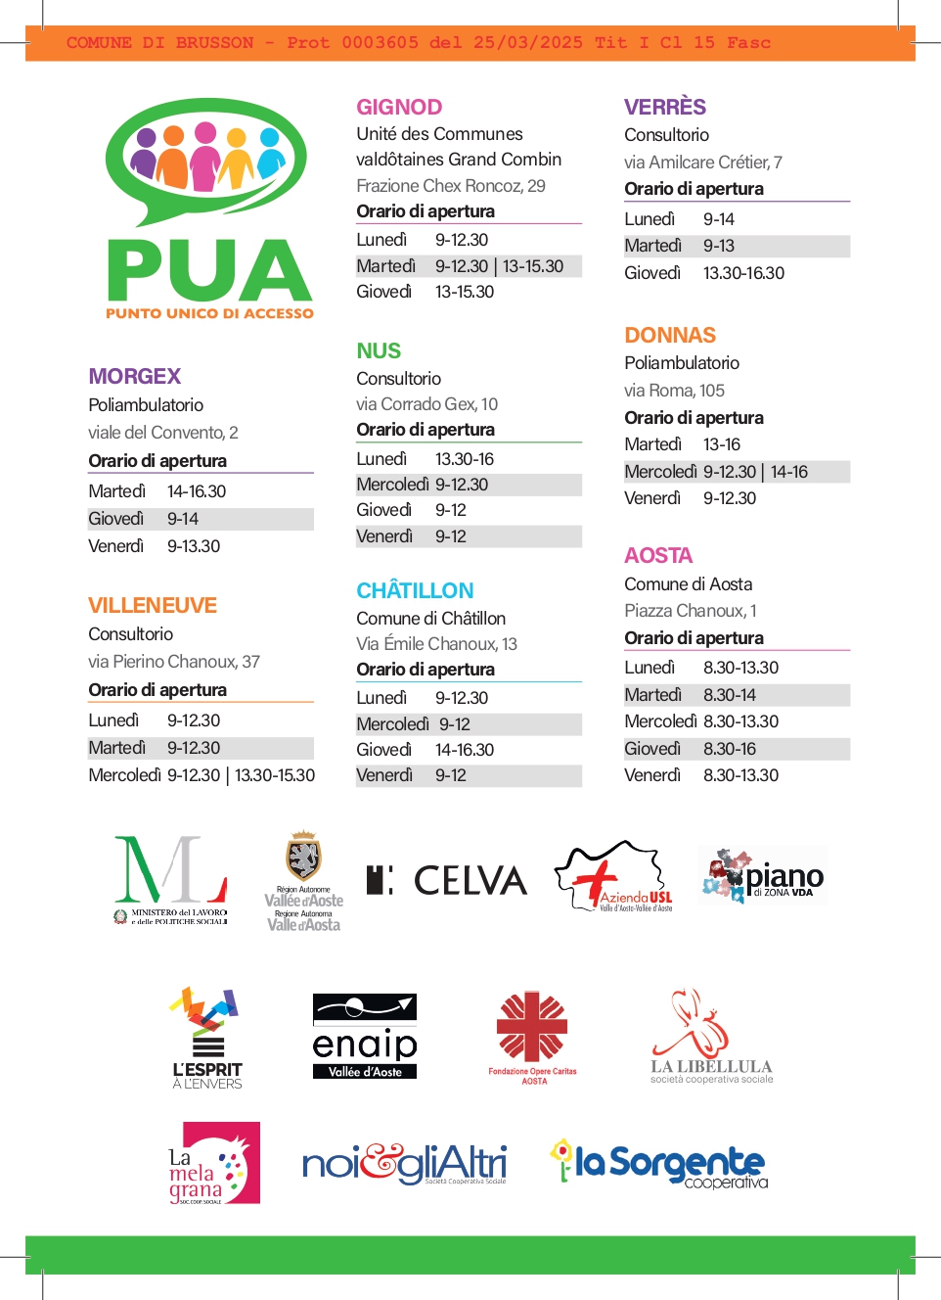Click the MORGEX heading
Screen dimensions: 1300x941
(x=135, y=377)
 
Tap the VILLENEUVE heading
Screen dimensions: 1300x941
(x=153, y=606)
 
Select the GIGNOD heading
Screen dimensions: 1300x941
(x=399, y=108)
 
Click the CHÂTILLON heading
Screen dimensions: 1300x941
(x=415, y=591)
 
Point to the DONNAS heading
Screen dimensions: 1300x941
(x=670, y=336)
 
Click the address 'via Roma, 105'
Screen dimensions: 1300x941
(x=674, y=391)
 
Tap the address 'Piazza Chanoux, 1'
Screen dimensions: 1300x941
(x=690, y=611)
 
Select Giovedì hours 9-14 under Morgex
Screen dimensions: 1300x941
(x=183, y=519)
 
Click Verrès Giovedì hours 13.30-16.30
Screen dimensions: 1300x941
(x=743, y=273)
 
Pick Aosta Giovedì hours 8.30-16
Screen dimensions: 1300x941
(x=730, y=749)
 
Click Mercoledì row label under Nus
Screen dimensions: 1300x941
(x=392, y=485)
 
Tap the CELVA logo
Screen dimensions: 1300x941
(x=447, y=880)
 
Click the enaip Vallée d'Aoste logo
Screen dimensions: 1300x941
(x=365, y=1037)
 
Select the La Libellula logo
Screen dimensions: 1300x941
(x=710, y=1038)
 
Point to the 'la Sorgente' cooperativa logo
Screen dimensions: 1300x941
(x=659, y=1164)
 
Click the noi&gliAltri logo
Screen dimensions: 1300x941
(x=404, y=1164)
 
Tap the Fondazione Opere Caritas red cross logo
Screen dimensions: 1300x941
(x=532, y=1029)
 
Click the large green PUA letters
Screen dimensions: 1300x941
(x=209, y=271)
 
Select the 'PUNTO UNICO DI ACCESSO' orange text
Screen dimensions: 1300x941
(x=209, y=314)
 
